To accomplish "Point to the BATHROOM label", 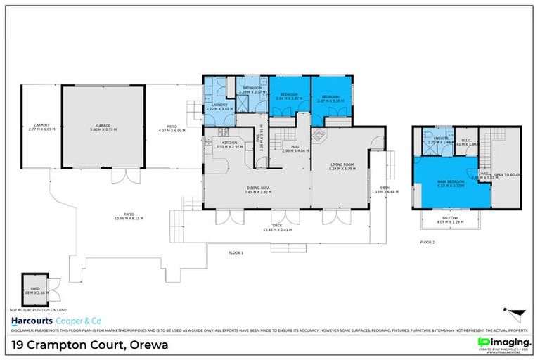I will (x=251, y=89).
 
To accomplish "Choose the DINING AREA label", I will (x=259, y=188).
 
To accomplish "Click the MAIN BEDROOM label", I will (x=449, y=184).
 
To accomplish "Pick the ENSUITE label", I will (x=441, y=138).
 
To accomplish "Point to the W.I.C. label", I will (x=468, y=138).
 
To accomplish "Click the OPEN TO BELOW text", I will (x=508, y=174).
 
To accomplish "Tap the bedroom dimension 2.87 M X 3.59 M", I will (x=330, y=100).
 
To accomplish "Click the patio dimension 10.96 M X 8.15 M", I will (x=129, y=218).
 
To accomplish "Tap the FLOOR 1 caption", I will (x=236, y=252).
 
